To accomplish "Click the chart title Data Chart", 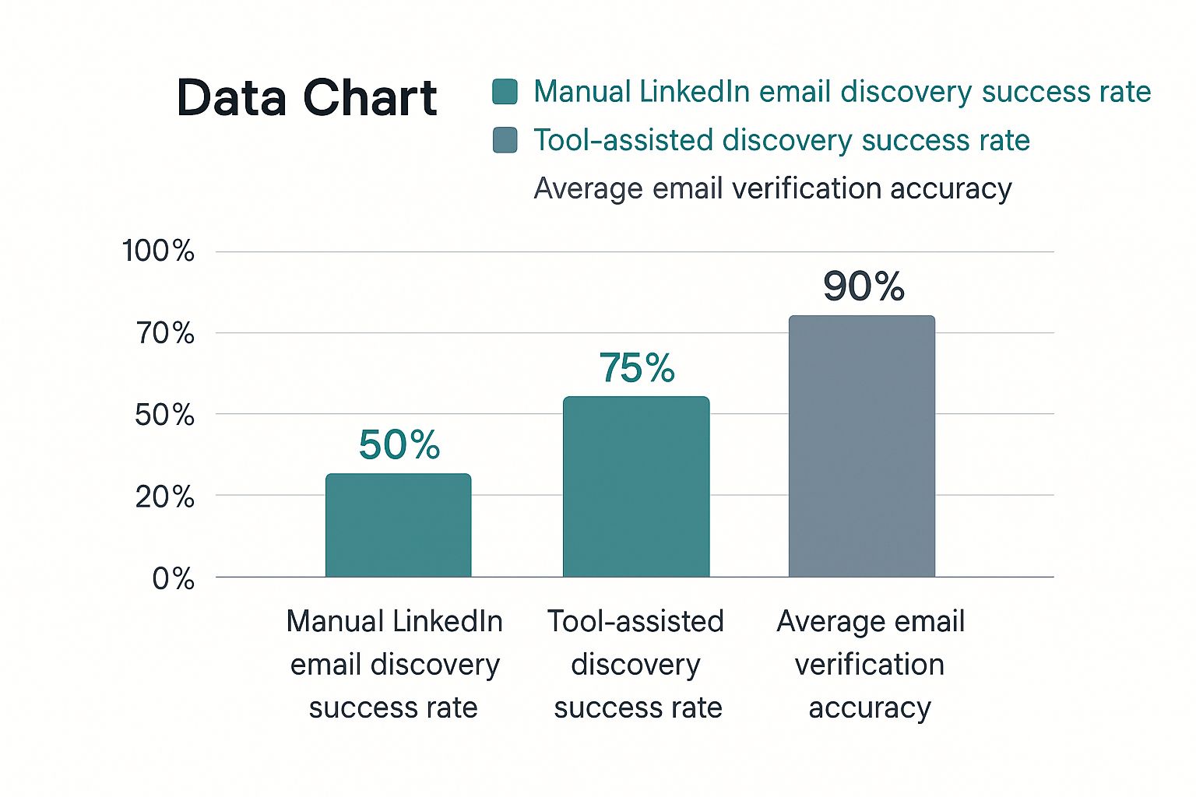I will pyautogui.click(x=307, y=98).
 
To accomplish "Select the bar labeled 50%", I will pyautogui.click(x=398, y=525).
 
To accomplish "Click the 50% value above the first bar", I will pyautogui.click(x=399, y=445).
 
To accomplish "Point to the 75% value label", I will pyautogui.click(x=637, y=368).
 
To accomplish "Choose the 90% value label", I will pyautogui.click(x=864, y=286).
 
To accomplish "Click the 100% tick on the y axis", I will pyautogui.click(x=158, y=251).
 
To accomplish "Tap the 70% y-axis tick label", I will pyautogui.click(x=164, y=333).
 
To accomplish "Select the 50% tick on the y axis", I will pyautogui.click(x=164, y=415).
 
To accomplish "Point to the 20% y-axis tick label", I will pyautogui.click(x=164, y=497).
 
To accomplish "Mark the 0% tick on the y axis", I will pyautogui.click(x=173, y=578).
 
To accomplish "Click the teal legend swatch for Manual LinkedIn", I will pyautogui.click(x=505, y=92).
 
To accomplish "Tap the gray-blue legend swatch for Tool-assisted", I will pyautogui.click(x=505, y=140).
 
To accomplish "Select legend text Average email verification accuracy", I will pyautogui.click(x=772, y=188).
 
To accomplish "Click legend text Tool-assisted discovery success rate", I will pyautogui.click(x=782, y=140).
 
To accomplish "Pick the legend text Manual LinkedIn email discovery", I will pyautogui.click(x=842, y=92).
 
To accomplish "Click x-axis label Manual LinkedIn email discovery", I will pyautogui.click(x=394, y=664).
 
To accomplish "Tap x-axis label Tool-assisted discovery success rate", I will pyautogui.click(x=636, y=664).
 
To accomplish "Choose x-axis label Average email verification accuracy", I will pyautogui.click(x=870, y=664).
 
